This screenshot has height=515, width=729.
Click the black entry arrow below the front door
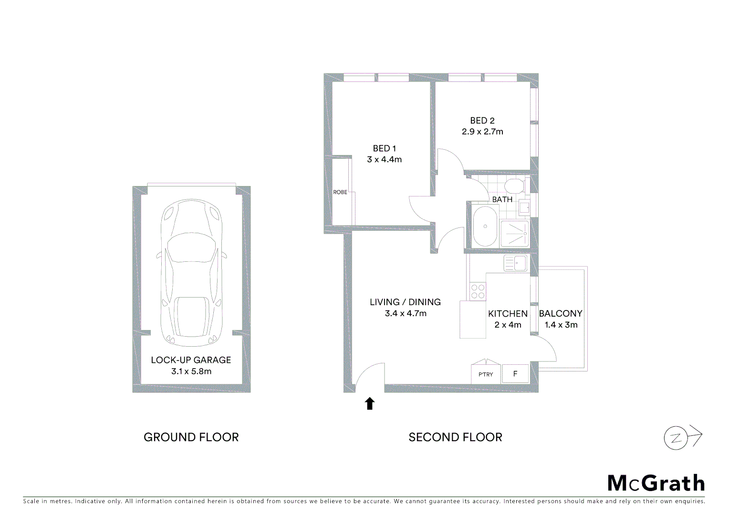(370, 403)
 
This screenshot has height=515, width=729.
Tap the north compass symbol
(682, 437)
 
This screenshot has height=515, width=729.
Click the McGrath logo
(656, 483)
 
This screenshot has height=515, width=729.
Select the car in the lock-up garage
(191, 272)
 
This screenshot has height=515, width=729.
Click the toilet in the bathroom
(515, 186)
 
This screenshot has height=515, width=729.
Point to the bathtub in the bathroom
(485, 226)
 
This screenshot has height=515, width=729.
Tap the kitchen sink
(515, 263)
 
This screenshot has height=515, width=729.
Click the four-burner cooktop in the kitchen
(478, 291)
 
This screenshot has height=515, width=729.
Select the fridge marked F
(515, 374)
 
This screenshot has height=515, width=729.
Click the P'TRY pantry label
(486, 374)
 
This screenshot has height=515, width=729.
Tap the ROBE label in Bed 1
(340, 192)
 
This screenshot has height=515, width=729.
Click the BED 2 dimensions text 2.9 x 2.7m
(482, 132)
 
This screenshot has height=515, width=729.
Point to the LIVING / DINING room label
(405, 302)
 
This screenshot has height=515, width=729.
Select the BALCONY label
(561, 313)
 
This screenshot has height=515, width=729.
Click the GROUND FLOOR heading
(191, 437)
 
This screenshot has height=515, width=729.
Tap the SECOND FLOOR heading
(455, 437)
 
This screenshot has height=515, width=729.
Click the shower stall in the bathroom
(514, 233)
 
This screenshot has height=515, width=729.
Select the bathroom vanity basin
(524, 207)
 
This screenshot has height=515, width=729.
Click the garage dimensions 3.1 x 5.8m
(191, 371)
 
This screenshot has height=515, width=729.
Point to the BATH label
(502, 199)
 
